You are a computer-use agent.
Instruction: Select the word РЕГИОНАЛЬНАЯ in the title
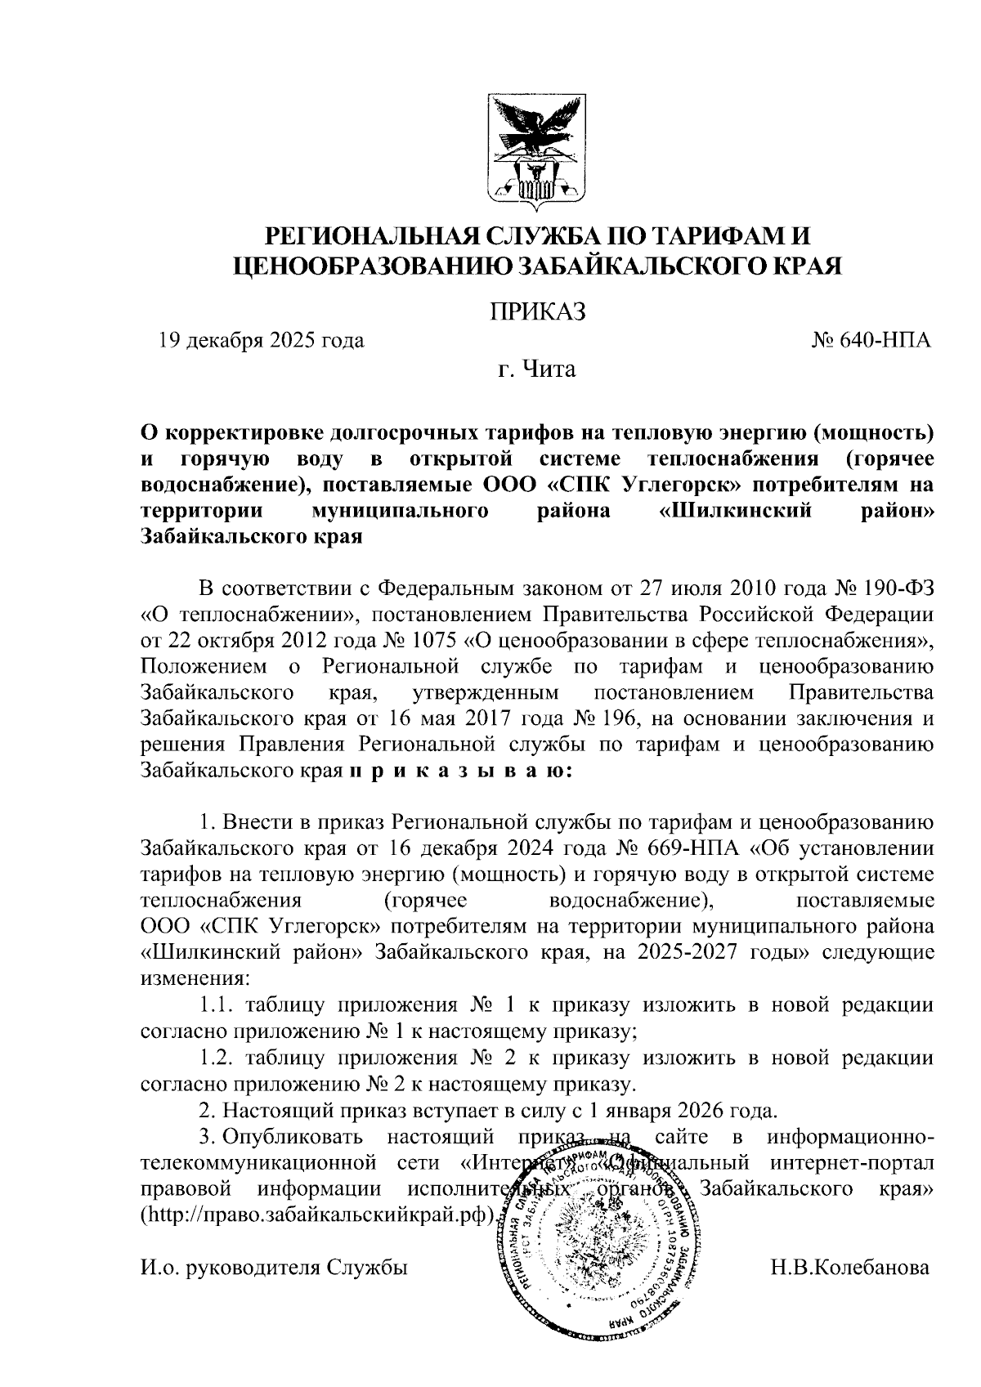361,236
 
